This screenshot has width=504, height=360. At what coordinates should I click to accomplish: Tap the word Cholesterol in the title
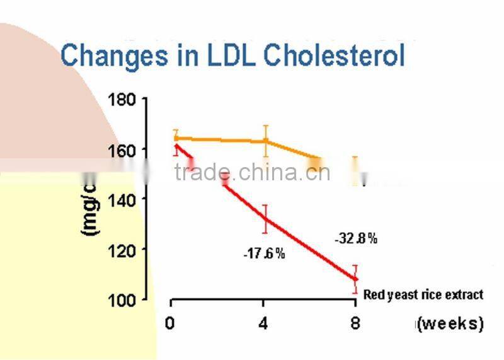click(x=334, y=55)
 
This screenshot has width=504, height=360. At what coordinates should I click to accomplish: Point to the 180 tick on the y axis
click(x=122, y=100)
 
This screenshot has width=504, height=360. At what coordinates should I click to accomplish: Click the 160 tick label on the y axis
click(x=122, y=151)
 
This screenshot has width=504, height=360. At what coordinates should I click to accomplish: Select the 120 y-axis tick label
click(x=122, y=249)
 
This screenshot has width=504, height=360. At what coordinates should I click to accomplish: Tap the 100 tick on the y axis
click(x=122, y=299)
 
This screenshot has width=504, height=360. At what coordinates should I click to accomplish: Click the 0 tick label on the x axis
click(x=169, y=324)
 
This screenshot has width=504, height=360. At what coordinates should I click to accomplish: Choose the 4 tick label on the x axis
click(x=263, y=324)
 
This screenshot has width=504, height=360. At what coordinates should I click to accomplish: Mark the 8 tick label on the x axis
click(x=355, y=324)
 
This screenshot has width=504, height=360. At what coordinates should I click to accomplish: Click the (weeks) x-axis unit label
click(x=449, y=324)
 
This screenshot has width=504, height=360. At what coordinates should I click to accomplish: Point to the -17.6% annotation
click(x=265, y=254)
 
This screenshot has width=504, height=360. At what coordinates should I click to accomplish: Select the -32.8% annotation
click(x=356, y=238)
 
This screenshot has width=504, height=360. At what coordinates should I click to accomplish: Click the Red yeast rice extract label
click(x=423, y=294)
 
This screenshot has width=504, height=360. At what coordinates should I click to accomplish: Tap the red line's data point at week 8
click(x=355, y=279)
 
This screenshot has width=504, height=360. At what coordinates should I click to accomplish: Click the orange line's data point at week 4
click(x=266, y=141)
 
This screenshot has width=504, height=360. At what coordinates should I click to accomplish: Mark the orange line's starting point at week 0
click(x=176, y=138)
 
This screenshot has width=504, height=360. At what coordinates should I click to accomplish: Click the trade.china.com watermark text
click(x=252, y=172)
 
